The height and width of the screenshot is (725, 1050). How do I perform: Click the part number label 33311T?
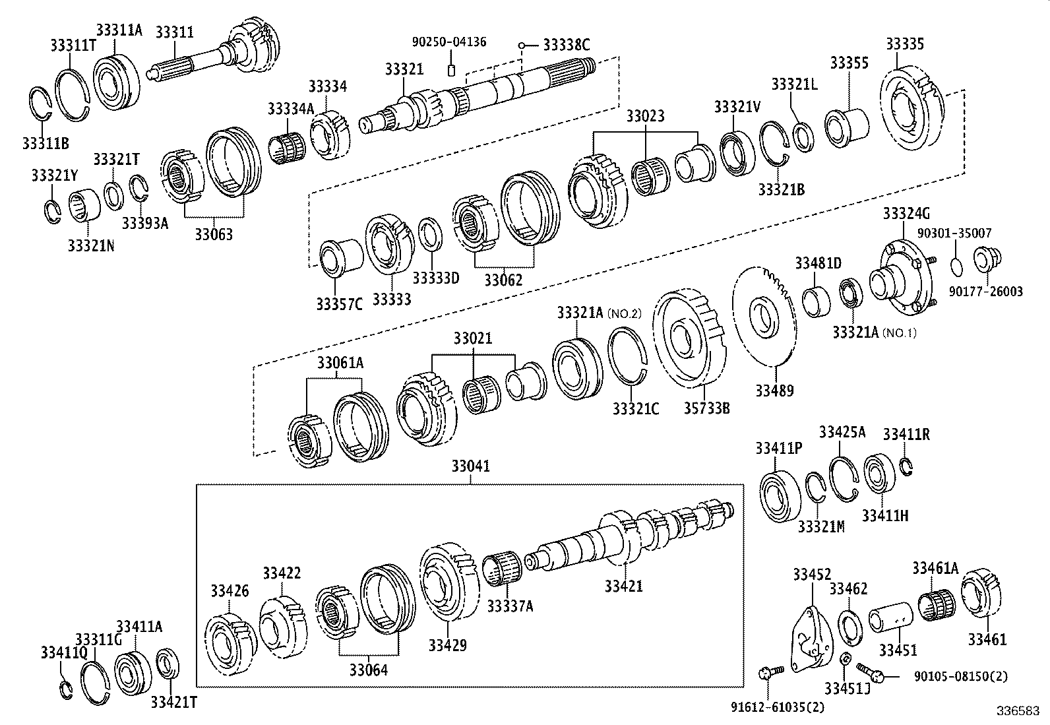(71, 45)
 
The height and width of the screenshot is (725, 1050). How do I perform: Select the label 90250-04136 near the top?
(449, 42)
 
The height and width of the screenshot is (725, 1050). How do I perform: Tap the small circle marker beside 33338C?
(521, 46)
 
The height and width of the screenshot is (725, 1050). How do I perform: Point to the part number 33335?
(904, 44)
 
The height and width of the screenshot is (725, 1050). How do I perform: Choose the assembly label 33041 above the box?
(471, 466)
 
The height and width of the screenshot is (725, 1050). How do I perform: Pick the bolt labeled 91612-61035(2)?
(769, 673)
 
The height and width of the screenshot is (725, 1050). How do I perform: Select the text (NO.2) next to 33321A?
(625, 313)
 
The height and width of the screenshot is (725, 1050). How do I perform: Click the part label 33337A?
(509, 605)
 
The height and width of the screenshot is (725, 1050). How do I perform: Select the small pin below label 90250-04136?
(452, 69)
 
